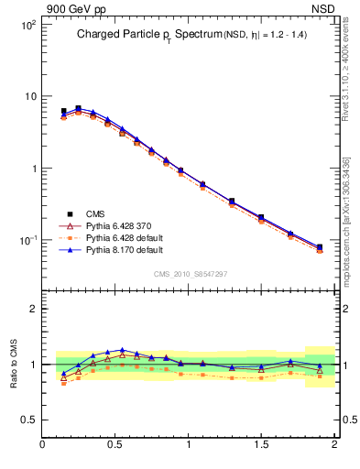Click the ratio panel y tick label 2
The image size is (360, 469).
pyautogui.click(x=32, y=309)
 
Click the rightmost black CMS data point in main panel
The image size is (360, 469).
pyautogui.click(x=320, y=247)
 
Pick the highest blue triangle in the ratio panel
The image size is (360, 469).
pyautogui.click(x=123, y=350)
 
